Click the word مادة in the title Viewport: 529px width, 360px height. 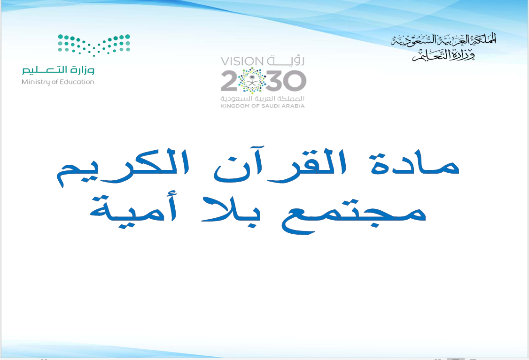point(414,164)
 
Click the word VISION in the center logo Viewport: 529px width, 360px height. point(242,61)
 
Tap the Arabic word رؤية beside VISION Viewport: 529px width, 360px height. point(286,61)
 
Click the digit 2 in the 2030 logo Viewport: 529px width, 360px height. point(229,81)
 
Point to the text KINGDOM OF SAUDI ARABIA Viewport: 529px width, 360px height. point(263,106)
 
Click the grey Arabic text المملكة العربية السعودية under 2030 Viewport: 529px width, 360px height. point(263,99)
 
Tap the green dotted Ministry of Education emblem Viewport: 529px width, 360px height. point(94,45)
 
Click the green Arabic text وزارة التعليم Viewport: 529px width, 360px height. point(58,70)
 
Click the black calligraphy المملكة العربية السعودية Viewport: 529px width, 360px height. point(443,40)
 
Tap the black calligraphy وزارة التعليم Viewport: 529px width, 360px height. point(443,55)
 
